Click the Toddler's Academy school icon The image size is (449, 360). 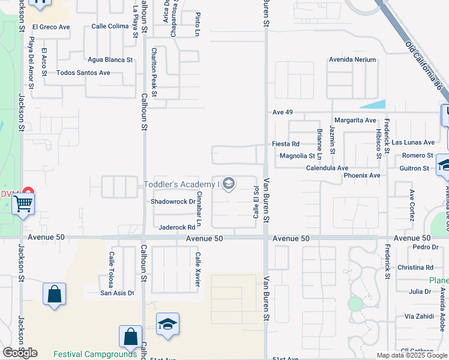pyautogui.click(x=228, y=184)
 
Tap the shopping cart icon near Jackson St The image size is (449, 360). pyautogui.click(x=23, y=203)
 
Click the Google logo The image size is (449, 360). pyautogui.click(x=20, y=352)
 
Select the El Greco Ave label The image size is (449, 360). pyautogui.click(x=51, y=27)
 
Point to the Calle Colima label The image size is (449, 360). pyautogui.click(x=110, y=26)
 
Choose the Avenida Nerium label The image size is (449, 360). pyautogui.click(x=352, y=60)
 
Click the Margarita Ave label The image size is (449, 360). pyautogui.click(x=355, y=120)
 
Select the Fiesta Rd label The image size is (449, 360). pyautogui.click(x=286, y=144)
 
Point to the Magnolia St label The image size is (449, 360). pyautogui.click(x=297, y=156)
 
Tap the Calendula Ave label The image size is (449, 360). pyautogui.click(x=327, y=168)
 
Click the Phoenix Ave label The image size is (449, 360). pyautogui.click(x=362, y=175)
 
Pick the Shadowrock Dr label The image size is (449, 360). pyautogui.click(x=173, y=202)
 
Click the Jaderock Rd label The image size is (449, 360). pyautogui.click(x=177, y=227)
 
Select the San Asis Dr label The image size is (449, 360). pyautogui.click(x=117, y=293)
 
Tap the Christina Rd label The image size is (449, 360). pyautogui.click(x=415, y=268)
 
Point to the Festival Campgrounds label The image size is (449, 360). pyautogui.click(x=95, y=354)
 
